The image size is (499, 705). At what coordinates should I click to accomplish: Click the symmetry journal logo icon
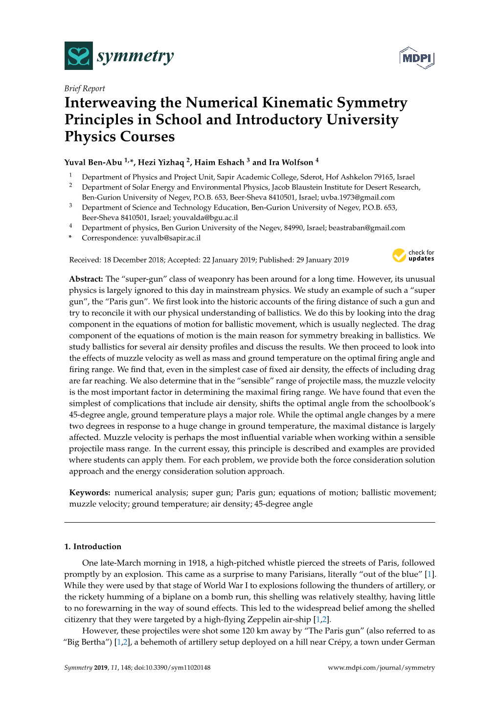[78, 56]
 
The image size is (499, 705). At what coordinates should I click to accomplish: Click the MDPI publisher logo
[417, 58]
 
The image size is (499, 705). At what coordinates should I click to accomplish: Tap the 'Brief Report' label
[85, 88]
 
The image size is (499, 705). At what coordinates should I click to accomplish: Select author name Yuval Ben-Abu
[93, 162]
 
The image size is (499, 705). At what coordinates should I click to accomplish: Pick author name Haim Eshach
[219, 162]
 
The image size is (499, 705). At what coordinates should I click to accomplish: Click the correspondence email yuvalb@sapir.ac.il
[170, 238]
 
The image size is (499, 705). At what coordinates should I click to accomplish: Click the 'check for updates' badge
[413, 255]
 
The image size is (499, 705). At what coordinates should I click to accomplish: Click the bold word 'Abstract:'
[86, 279]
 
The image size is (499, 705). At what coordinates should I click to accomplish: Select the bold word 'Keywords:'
[90, 493]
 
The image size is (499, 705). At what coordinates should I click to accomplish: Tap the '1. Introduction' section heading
[93, 547]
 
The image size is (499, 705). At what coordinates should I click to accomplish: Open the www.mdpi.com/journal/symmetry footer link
[381, 668]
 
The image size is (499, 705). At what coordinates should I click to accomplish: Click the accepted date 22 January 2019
[229, 260]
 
